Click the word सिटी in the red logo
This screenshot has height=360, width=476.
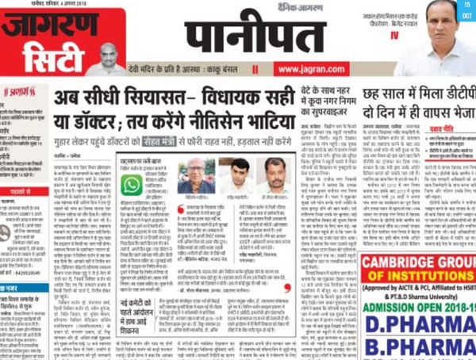[x=50, y=56]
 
